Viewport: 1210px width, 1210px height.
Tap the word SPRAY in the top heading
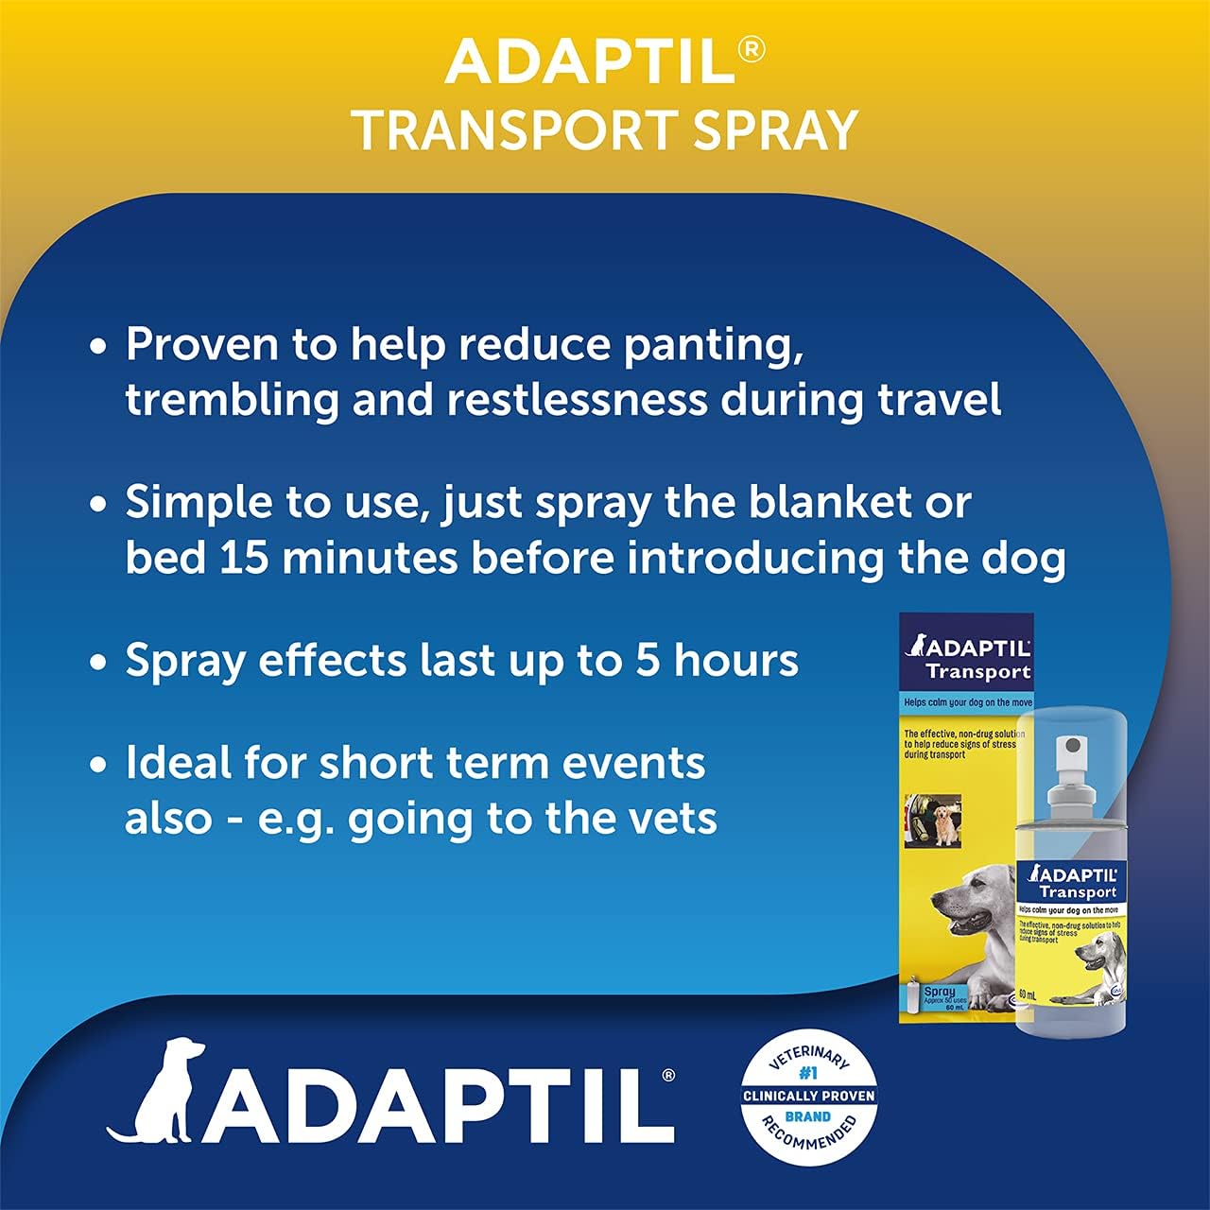click(x=775, y=130)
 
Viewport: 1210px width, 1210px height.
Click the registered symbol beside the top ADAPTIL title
click(x=751, y=49)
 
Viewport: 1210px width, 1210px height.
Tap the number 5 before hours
click(x=648, y=661)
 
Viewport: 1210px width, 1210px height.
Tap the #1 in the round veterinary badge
click(x=808, y=1074)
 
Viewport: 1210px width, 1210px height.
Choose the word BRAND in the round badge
click(x=808, y=1116)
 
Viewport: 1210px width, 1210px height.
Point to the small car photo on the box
click(x=932, y=820)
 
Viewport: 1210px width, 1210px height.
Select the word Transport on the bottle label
click(x=1078, y=892)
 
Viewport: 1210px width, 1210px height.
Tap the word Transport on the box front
click(x=977, y=672)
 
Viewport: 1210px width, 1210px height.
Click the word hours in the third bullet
click(x=736, y=661)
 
